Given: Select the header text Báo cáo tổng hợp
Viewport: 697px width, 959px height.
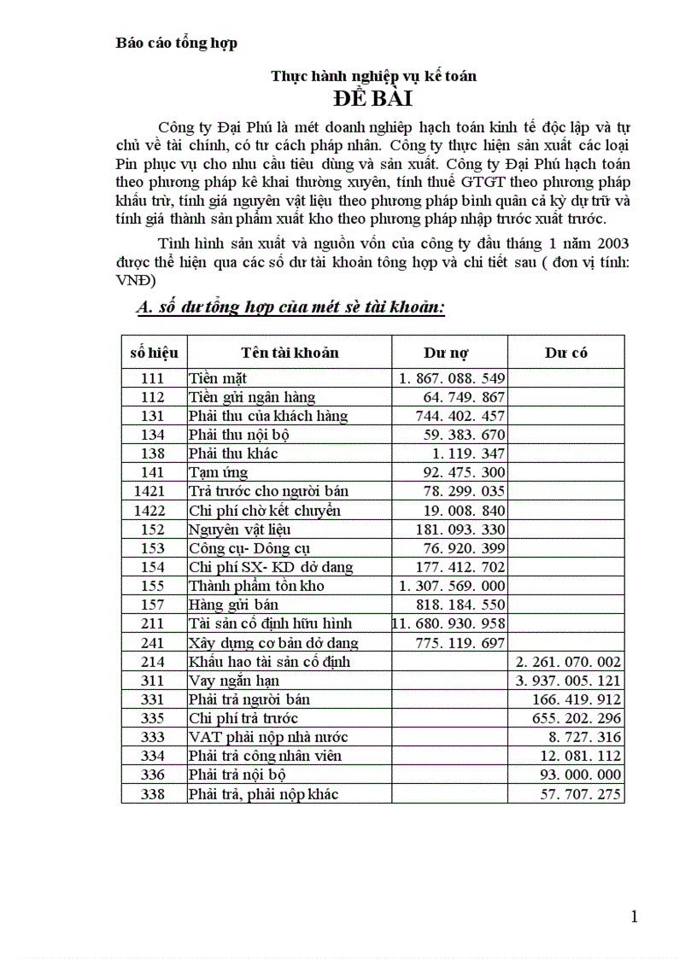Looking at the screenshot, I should pyautogui.click(x=176, y=43).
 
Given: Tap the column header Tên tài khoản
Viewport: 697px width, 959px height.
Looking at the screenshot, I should pyautogui.click(x=289, y=352).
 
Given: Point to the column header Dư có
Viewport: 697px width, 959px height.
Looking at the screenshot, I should pyautogui.click(x=565, y=352).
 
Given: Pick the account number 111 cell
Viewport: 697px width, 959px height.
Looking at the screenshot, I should pyautogui.click(x=153, y=377).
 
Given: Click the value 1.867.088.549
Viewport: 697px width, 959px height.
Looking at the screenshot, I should pyautogui.click(x=452, y=377).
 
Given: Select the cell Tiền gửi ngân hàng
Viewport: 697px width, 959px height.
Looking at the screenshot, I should pyautogui.click(x=252, y=396).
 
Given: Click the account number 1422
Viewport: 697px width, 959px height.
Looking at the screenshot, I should pyautogui.click(x=153, y=511).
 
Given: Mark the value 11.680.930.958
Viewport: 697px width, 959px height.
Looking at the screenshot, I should pyautogui.click(x=449, y=623).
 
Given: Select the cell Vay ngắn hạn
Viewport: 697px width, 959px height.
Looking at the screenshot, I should pyautogui.click(x=234, y=681).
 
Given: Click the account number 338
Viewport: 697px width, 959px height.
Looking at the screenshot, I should pyautogui.click(x=153, y=794).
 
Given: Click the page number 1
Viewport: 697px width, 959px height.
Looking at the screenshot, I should pyautogui.click(x=634, y=917).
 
